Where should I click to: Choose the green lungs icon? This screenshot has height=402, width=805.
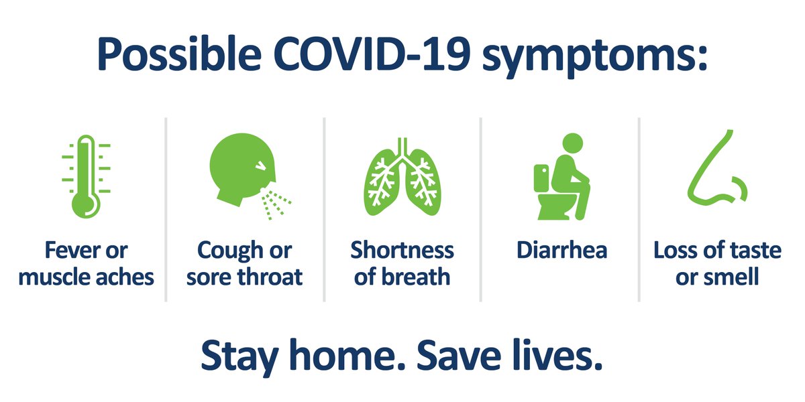coord(401,177)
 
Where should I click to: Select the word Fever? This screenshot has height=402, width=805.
coord(66,251)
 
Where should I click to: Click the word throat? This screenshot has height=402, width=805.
coord(271,276)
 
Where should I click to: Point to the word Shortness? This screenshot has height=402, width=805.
coord(402,251)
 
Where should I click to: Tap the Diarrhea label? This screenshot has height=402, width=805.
coord(561,251)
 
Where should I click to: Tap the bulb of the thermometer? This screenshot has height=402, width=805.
coord(86,204)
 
